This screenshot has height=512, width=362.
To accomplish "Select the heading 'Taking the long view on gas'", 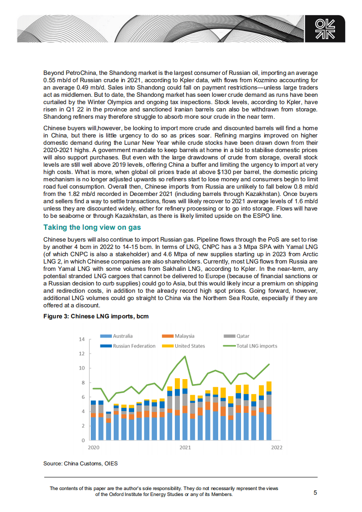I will [x=92, y=227].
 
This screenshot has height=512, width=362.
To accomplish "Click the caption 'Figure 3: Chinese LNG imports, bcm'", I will [x=96, y=316].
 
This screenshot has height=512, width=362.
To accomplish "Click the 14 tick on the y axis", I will [x=82, y=339].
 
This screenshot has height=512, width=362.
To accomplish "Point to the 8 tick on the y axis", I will [x=83, y=383].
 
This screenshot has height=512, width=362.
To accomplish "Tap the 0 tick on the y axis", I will [x=83, y=441].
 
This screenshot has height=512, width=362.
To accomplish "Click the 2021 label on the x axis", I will [x=184, y=448].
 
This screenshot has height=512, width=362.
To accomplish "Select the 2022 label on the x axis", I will [x=277, y=448].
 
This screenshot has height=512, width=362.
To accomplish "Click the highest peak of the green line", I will [x=185, y=356].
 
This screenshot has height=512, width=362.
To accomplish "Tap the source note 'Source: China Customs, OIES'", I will [x=81, y=464].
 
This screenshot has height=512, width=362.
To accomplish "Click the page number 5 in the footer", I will [x=315, y=492].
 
